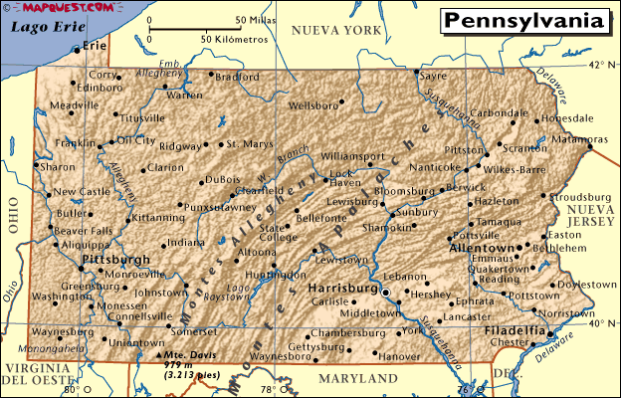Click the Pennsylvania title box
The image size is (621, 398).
(522, 21)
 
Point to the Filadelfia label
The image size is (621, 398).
(515, 329)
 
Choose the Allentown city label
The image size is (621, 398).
(483, 247)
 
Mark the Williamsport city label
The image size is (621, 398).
(352, 156)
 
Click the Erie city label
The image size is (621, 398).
(95, 46)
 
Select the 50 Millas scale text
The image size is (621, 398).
(256, 20)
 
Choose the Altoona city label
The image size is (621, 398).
(258, 253)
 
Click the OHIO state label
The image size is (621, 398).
(13, 214)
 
